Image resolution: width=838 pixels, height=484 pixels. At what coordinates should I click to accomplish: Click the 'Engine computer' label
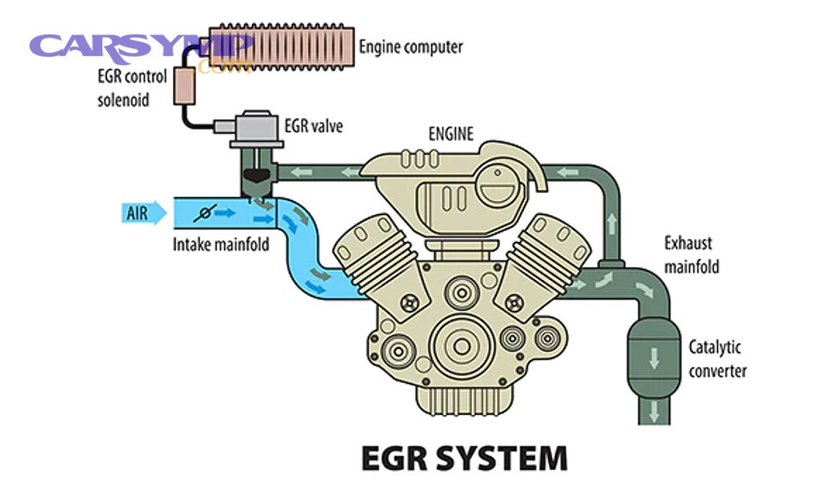[411, 46]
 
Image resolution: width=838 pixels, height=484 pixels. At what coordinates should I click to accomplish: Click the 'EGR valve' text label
[310, 126]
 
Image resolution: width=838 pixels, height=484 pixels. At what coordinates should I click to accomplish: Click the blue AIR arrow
[144, 213]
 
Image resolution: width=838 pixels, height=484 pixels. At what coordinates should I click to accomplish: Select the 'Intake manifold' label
[220, 246]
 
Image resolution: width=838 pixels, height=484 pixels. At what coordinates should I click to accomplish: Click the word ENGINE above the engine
[451, 134]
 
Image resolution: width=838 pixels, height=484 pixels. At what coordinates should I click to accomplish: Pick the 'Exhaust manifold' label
[691, 255]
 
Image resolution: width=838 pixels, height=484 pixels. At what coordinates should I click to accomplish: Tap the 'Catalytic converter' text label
[717, 359]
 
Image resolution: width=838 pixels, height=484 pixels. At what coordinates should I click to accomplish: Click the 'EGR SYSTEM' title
[463, 458]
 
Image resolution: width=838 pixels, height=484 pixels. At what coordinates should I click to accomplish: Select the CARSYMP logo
[140, 47]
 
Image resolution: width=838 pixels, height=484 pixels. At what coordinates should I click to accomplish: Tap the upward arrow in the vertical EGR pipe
[612, 222]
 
